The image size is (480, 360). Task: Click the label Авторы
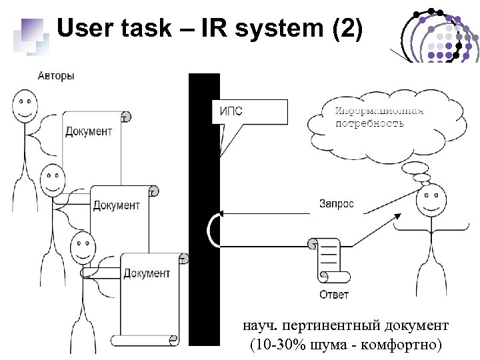(56, 76)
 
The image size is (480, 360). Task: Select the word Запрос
(337, 204)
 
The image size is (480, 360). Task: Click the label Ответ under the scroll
(333, 294)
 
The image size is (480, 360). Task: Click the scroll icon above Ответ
(330, 261)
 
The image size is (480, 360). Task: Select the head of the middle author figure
(53, 179)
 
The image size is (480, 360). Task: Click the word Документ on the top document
(88, 131)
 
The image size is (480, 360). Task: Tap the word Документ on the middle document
(116, 205)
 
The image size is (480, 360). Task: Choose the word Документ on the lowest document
(147, 273)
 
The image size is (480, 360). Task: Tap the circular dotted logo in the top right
(437, 35)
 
